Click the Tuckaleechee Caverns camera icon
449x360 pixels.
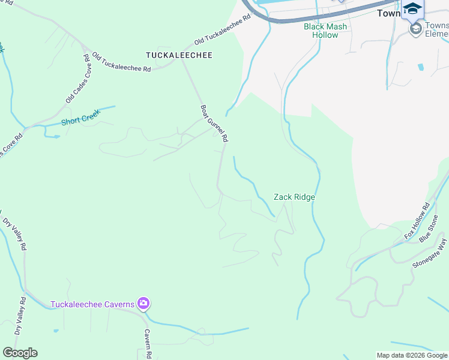pyautogui.click(x=143, y=304)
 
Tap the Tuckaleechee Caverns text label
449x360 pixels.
pyautogui.click(x=92, y=304)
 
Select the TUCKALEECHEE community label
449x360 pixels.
pyautogui.click(x=171, y=55)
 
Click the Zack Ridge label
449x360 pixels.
pyautogui.click(x=294, y=197)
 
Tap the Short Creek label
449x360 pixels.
pyautogui.click(x=80, y=119)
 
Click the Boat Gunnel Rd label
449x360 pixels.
pyautogui.click(x=214, y=124)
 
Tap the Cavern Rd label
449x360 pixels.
pyautogui.click(x=147, y=343)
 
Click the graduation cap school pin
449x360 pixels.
pyautogui.click(x=412, y=9)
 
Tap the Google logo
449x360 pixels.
pyautogui.click(x=20, y=353)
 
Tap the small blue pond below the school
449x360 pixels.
pyautogui.click(x=420, y=67)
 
